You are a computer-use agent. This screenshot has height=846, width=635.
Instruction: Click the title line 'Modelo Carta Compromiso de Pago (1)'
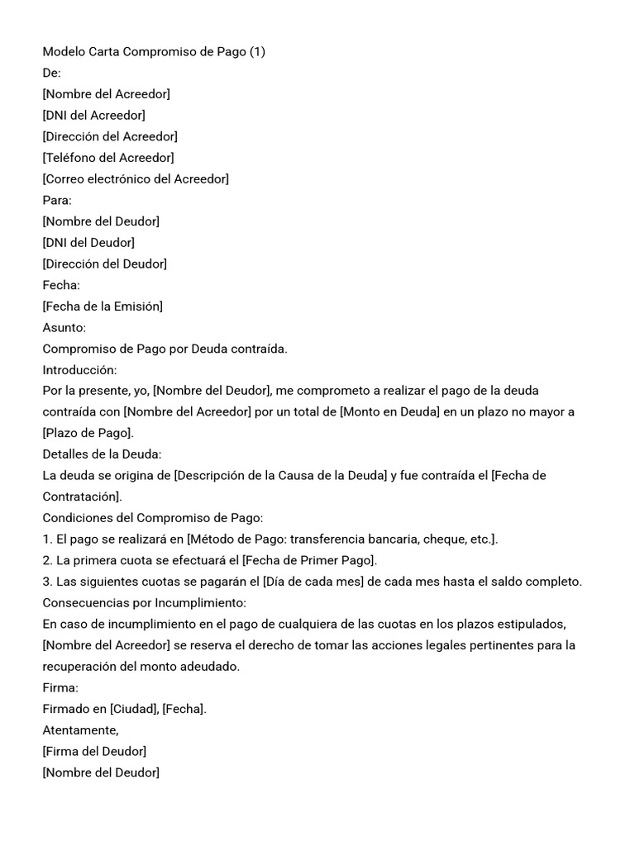coord(154,52)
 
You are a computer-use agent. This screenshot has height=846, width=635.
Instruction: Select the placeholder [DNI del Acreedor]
coord(93,116)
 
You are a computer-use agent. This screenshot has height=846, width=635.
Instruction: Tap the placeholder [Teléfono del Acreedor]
coord(108,158)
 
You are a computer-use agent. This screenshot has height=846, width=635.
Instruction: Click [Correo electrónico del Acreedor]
coord(136,179)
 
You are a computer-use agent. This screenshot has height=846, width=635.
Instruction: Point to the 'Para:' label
coord(57,200)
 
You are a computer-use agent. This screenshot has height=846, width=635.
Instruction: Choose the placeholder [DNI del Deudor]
coord(88,243)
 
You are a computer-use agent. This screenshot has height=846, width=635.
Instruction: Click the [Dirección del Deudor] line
coord(105,264)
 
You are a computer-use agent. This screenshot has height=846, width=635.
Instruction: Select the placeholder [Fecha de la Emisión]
coord(103,307)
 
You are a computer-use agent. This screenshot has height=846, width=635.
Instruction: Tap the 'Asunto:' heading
coord(64,328)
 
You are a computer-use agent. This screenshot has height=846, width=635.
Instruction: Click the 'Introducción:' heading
coord(79,370)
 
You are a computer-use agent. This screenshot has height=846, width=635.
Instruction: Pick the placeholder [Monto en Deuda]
coord(389,412)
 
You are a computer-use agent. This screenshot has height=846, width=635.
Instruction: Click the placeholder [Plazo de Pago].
coord(88,434)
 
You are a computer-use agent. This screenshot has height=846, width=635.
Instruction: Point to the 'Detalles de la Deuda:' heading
coord(102,454)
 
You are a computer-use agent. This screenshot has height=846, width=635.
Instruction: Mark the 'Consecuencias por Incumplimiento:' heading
coord(145,603)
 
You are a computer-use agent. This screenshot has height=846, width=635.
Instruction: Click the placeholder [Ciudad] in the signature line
coord(131,710)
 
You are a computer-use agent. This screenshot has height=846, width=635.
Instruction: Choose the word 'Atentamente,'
coord(81,730)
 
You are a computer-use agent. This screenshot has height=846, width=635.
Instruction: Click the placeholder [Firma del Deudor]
coord(94,752)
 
